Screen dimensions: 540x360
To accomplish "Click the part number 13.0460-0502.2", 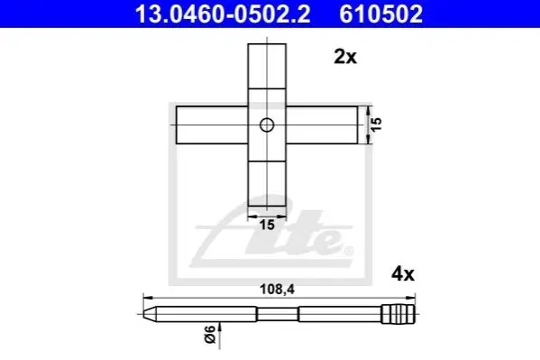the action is click(x=223, y=14).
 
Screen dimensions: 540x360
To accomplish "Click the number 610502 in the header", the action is click(x=381, y=14).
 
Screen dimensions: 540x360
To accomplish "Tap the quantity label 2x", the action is click(x=345, y=57).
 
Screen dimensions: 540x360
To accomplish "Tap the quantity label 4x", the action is click(x=403, y=274).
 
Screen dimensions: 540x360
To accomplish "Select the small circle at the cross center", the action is click(x=267, y=125).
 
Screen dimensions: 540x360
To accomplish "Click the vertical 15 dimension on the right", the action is click(x=377, y=125).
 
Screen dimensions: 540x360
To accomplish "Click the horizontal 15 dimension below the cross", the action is click(x=267, y=225).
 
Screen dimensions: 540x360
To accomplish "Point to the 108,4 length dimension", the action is click(x=278, y=290).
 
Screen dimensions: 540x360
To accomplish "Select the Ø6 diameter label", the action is click(x=210, y=334).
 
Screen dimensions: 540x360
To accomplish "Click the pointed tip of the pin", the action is click(x=143, y=314).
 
